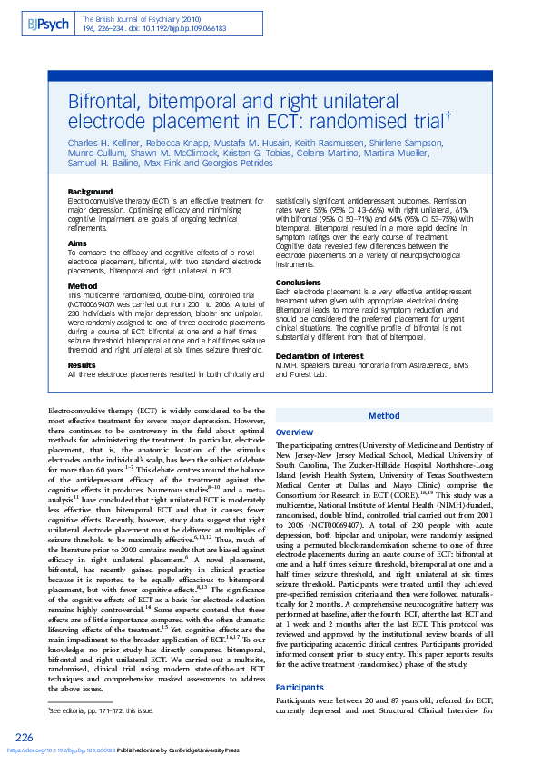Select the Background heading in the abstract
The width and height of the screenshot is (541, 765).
(x=91, y=192)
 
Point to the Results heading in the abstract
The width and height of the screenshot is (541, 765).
(x=83, y=364)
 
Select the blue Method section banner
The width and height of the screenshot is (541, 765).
(x=384, y=415)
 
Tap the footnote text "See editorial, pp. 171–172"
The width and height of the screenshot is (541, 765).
(x=101, y=711)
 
